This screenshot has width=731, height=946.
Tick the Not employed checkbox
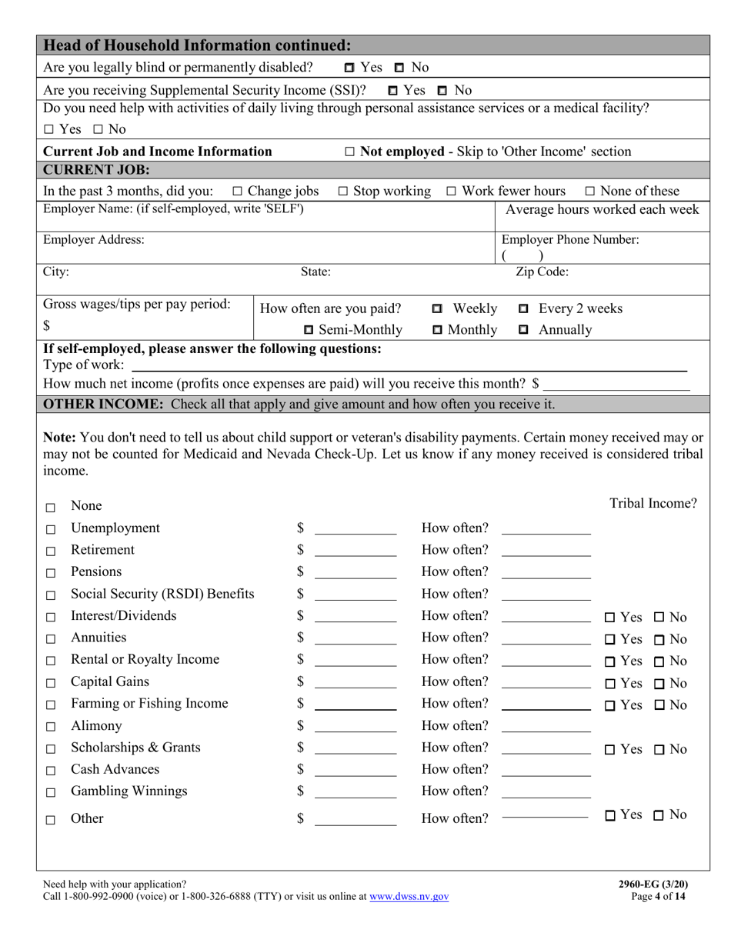click(x=350, y=152)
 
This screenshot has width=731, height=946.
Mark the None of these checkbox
click(x=590, y=192)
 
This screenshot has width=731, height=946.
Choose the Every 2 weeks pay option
click(x=524, y=309)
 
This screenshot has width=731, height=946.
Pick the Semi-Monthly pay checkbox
click(x=309, y=331)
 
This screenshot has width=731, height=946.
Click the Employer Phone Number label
click(x=569, y=240)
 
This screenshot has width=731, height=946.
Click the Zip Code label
click(x=542, y=271)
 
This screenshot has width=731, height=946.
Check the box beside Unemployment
click(x=51, y=530)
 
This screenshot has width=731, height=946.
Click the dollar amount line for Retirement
click(x=355, y=551)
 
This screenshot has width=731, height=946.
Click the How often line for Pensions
click(x=546, y=574)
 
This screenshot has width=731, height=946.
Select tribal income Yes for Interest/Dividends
click(x=610, y=618)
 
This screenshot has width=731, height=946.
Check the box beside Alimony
click(x=51, y=727)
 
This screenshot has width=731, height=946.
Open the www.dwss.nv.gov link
click(x=409, y=897)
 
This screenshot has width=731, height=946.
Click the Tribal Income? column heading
click(x=653, y=504)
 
